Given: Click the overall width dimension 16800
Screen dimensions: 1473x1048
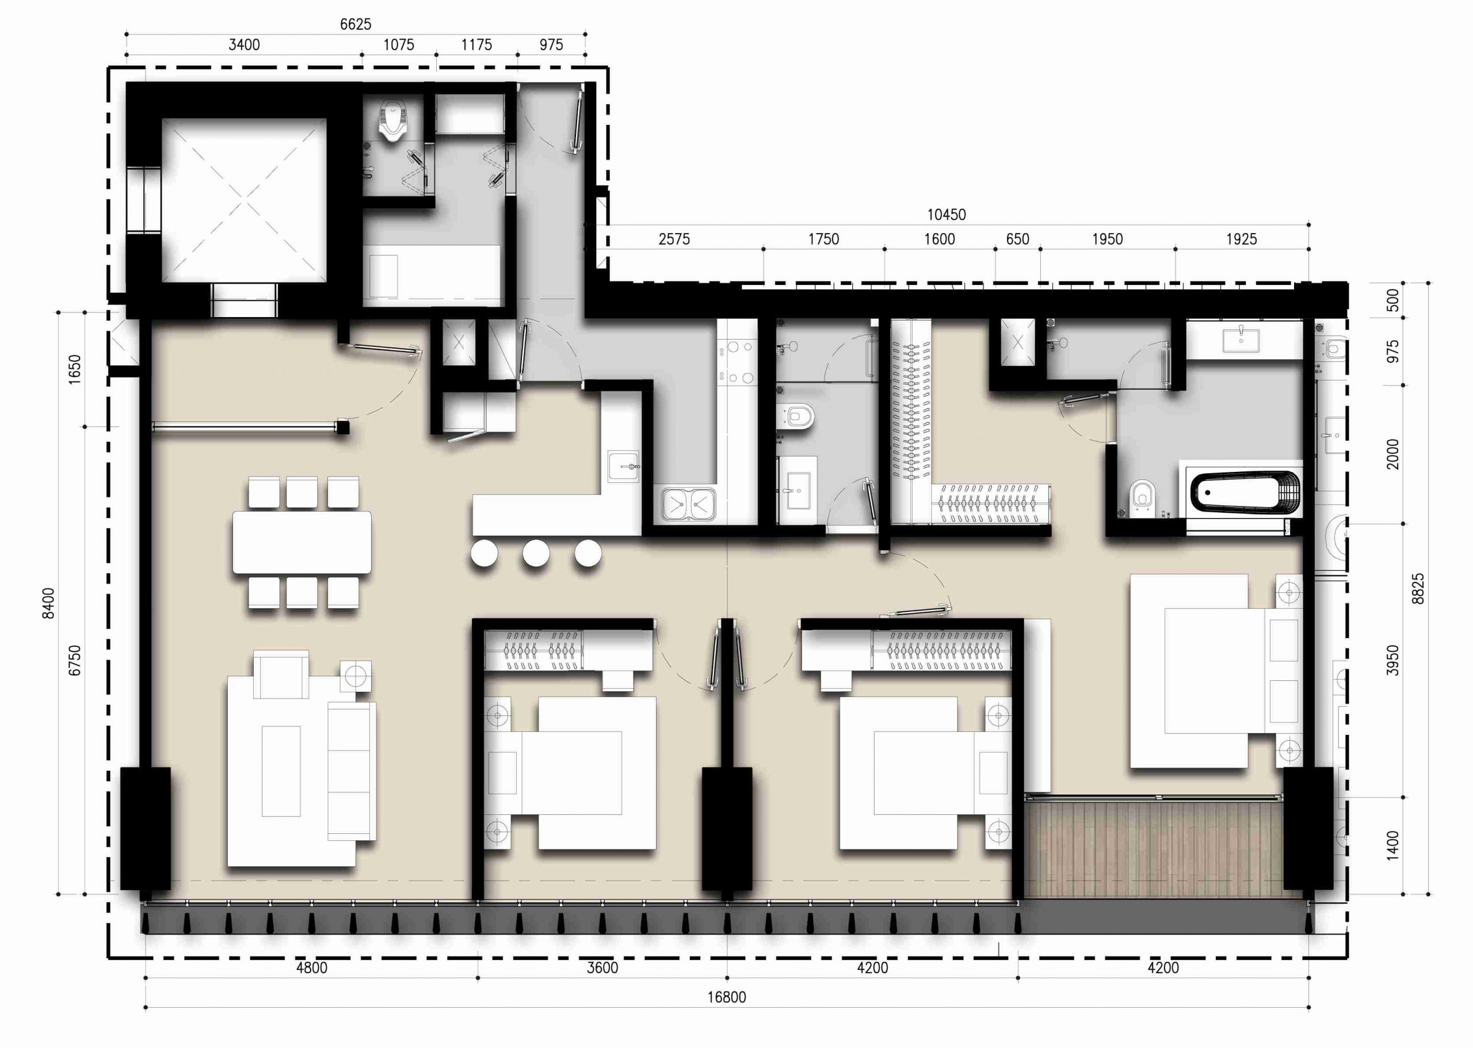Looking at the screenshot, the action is pos(727,997).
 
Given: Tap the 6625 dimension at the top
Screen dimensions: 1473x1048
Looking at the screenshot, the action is pos(356,24).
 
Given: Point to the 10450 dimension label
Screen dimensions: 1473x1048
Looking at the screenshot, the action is pos(947,214).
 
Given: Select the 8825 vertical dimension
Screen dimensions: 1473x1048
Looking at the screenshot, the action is pos(1418,589).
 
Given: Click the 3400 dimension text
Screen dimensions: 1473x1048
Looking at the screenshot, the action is pos(245,44).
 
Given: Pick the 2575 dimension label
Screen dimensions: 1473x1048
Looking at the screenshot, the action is pos(674,239).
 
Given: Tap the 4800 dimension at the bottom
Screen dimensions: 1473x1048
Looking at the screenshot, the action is pos(312,968).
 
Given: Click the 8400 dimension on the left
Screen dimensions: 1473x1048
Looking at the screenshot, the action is pos(48,603).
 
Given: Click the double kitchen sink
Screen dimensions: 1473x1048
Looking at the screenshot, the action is pos(688,504).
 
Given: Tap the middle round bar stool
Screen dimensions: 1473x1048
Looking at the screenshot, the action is pos(536,554).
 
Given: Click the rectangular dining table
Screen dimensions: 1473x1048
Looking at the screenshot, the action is pos(302,542).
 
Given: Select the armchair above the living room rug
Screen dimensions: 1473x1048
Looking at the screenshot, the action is pos(281,674).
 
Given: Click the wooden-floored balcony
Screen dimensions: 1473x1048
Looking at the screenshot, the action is pos(1154,849).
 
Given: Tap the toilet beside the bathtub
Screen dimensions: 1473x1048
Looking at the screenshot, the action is pos(1143,496).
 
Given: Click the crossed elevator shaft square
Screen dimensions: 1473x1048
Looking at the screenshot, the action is pos(244,200).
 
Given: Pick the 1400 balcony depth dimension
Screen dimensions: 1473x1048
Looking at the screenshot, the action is pos(1393,845).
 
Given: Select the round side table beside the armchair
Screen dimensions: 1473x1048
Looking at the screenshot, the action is pos(356,676).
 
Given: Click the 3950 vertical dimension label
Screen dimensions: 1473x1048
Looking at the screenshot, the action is pos(1393,660).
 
